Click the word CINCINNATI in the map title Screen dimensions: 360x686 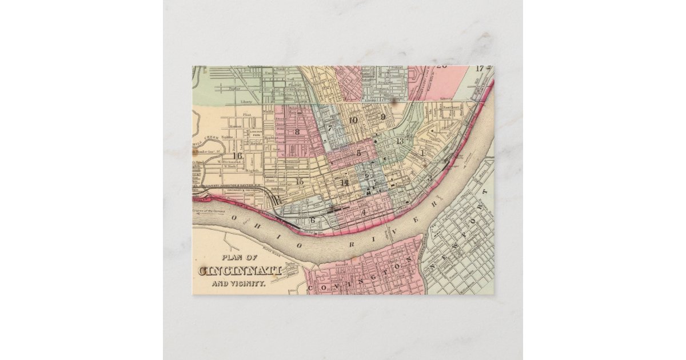pyautogui.click(x=240, y=270)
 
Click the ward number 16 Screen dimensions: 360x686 pyautogui.click(x=237, y=156)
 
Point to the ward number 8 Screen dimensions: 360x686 pyautogui.click(x=297, y=132)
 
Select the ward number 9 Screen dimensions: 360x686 pyautogui.click(x=383, y=117)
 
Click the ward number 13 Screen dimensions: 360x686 pyautogui.click(x=400, y=141)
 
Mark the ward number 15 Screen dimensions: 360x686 pyautogui.click(x=300, y=182)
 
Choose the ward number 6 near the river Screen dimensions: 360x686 pyautogui.click(x=312, y=219)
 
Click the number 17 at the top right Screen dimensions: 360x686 pyautogui.click(x=480, y=69)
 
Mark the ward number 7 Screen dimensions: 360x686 pyautogui.click(x=329, y=128)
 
